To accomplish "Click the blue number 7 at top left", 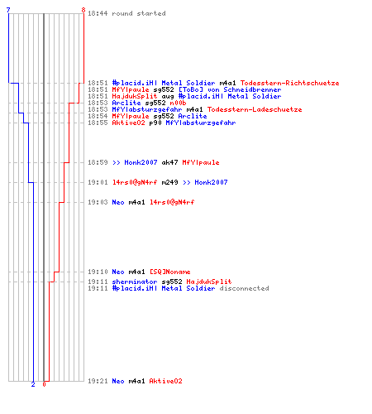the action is pos(8,10).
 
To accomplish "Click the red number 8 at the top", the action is pos(83,10).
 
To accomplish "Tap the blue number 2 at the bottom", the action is pos(33,384).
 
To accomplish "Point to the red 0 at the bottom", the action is pos(44,384).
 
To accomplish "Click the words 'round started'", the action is pos(139,13).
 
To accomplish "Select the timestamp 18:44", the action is pos(98,13).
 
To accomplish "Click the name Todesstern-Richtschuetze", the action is pos(289,83).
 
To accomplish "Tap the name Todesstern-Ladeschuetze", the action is pos(255,109).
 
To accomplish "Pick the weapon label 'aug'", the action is pos(168,96).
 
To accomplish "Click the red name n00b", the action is pos(178,103).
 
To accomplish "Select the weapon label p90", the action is pos(155,123).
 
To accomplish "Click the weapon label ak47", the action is pos(169,162).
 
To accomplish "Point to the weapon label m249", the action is pos(169,182).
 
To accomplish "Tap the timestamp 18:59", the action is pos(98,162).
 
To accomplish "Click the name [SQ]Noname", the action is pos(170,272).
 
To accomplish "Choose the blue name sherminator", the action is pos(135,282).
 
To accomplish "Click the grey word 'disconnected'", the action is pos(244,288).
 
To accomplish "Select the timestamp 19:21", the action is pos(98,381).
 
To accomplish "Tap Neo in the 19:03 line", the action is pos(118,202).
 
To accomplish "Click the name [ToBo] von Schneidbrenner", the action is pos(230,89).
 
